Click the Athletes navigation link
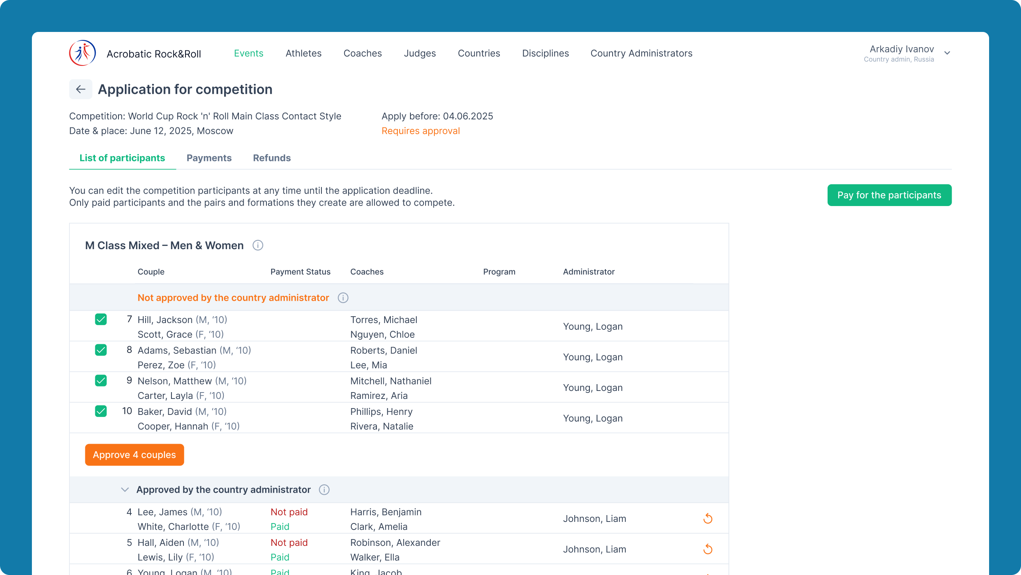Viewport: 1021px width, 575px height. tap(304, 53)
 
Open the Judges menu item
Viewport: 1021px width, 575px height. tap(420, 53)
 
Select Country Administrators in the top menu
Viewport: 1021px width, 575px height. tap(641, 53)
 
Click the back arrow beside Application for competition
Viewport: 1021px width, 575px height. tap(81, 89)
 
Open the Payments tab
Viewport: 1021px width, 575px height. tap(209, 158)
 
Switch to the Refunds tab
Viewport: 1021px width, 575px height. tap(272, 158)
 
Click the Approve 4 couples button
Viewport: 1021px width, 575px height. tap(134, 455)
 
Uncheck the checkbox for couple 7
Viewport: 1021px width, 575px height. tap(101, 319)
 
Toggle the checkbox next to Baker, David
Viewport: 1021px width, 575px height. tap(101, 411)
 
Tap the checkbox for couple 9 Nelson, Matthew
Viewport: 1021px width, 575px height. tap(101, 381)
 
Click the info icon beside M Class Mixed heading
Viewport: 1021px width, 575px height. tap(258, 245)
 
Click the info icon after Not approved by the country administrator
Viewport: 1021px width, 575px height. tap(343, 298)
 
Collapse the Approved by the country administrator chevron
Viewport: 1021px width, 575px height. tap(125, 490)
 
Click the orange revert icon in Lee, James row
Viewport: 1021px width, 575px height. tap(708, 518)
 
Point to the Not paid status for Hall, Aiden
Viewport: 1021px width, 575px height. tap(289, 543)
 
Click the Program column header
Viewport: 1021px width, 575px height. tap(499, 272)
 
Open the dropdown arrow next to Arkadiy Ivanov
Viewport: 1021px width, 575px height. tap(947, 53)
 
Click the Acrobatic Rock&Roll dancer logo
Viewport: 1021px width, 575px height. tap(83, 53)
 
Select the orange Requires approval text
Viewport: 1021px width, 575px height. tap(421, 131)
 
